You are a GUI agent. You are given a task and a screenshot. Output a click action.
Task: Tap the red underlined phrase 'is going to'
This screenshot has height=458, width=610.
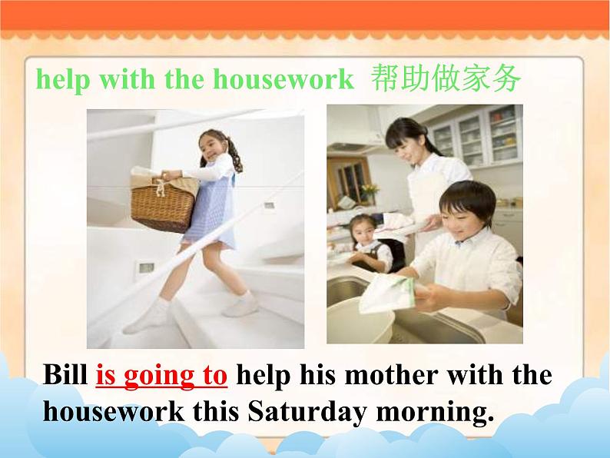click(x=161, y=376)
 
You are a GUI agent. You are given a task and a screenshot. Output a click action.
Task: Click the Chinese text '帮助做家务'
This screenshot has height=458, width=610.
click(x=445, y=78)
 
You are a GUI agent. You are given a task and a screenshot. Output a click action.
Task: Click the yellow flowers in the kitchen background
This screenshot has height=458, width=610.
click(x=370, y=190)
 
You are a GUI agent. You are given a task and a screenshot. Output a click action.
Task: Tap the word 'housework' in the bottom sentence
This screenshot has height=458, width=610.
click(x=113, y=412)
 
